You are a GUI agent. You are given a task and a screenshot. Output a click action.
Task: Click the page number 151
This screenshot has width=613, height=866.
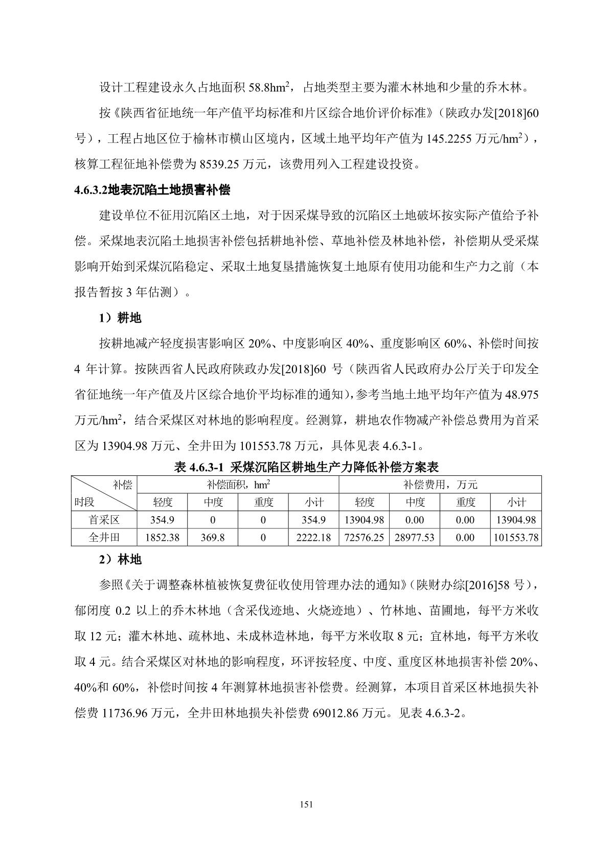[x=306, y=804]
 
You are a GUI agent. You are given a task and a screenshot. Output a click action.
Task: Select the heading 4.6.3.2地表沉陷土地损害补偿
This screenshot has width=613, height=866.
[x=152, y=190]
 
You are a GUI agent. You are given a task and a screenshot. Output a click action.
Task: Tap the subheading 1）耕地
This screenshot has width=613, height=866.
[x=120, y=318]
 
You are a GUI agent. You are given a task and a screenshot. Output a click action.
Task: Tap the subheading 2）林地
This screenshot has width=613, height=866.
[x=120, y=560]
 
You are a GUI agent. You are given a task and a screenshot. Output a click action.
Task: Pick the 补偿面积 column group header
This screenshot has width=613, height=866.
[x=238, y=485]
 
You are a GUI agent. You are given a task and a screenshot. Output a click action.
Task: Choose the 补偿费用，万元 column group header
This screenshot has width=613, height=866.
[x=440, y=485]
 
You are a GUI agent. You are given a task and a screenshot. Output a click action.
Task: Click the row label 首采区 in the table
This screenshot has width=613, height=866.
[x=104, y=520]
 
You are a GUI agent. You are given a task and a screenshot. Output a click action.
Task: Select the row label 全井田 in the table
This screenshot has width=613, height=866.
[x=104, y=537]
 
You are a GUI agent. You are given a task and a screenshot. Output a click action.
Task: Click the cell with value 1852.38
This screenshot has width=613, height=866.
[x=163, y=537]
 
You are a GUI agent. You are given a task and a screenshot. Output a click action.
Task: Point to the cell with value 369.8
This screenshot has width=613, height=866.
[x=213, y=537]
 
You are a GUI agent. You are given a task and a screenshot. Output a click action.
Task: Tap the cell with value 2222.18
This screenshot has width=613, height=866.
[x=313, y=537]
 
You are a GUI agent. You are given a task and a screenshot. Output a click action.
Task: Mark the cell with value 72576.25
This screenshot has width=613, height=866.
[x=364, y=537]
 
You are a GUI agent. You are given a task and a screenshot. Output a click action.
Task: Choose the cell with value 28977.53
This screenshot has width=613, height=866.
[x=415, y=537]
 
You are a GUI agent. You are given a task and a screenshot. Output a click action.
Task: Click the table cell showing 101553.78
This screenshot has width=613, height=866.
[x=516, y=537]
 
